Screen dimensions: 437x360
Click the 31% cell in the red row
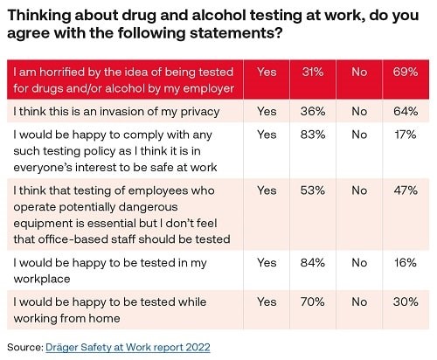click(x=313, y=72)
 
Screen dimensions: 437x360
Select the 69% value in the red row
click(x=406, y=72)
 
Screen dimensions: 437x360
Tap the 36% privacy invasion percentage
click(x=313, y=112)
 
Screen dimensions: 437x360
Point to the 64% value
click(x=406, y=112)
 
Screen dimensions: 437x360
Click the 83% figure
click(x=313, y=135)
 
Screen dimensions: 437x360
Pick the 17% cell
click(x=406, y=135)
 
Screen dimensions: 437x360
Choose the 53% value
click(x=313, y=190)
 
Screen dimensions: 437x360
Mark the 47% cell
click(x=406, y=190)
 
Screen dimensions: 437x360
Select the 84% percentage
click(x=313, y=263)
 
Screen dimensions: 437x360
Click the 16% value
click(x=406, y=263)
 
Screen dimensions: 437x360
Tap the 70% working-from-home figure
click(x=313, y=301)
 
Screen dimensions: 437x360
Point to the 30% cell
click(x=406, y=301)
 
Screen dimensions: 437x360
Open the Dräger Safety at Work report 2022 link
click(x=128, y=348)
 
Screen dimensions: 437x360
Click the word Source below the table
click(x=25, y=348)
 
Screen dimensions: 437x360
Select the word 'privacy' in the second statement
click(x=200, y=112)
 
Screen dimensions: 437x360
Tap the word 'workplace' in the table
click(x=42, y=280)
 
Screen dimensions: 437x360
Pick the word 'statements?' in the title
click(x=236, y=33)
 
